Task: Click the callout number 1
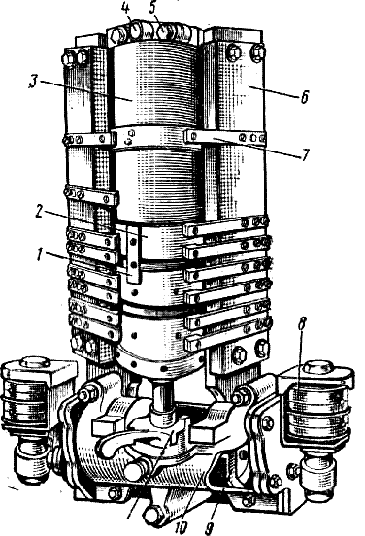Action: [41, 254]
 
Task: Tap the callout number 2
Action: [39, 212]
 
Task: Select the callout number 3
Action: [34, 82]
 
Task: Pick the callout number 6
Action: [304, 97]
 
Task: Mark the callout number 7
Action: [305, 154]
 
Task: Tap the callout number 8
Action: [302, 323]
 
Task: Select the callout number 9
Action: [209, 527]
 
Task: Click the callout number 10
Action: [182, 527]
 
